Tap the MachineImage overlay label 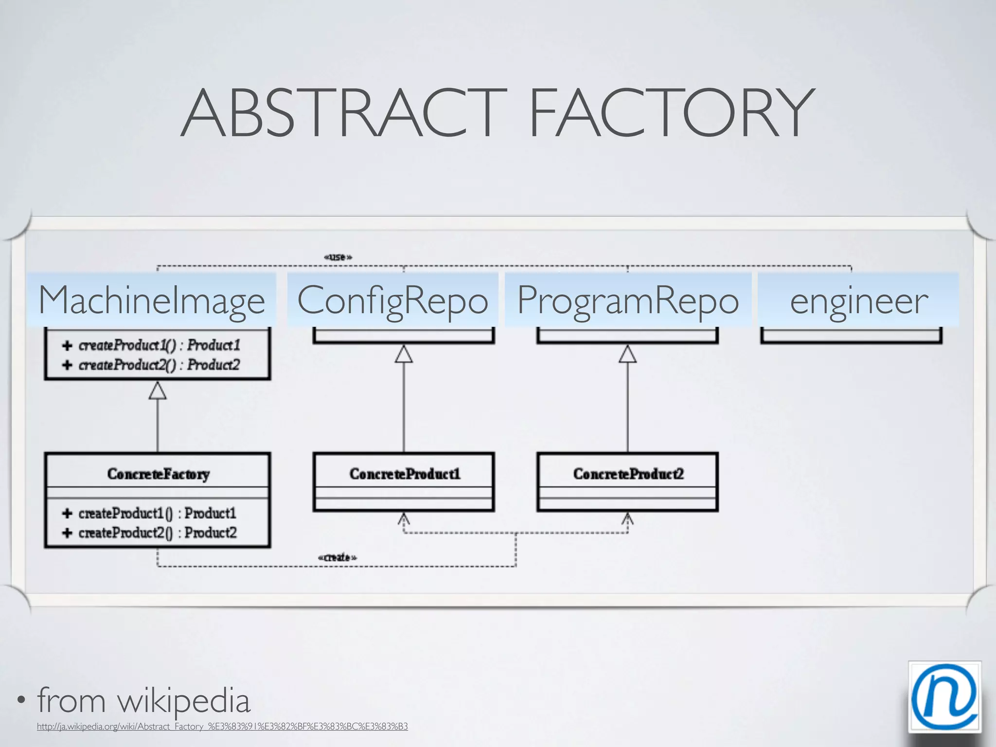coord(152,301)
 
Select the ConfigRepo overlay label coord(392,301)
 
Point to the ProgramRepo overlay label coord(628,301)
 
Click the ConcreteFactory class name coord(158,474)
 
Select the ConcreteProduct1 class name coord(404,474)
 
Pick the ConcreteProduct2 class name coord(628,474)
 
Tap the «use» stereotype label coord(338,257)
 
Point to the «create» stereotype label coord(337,557)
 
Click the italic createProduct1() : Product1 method coord(159,345)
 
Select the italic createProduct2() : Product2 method coord(159,365)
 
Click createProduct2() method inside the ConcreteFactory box coord(157,533)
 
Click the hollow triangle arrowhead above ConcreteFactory coord(158,391)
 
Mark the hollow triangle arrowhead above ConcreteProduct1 coord(404,354)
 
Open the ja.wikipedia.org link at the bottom coord(222,727)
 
